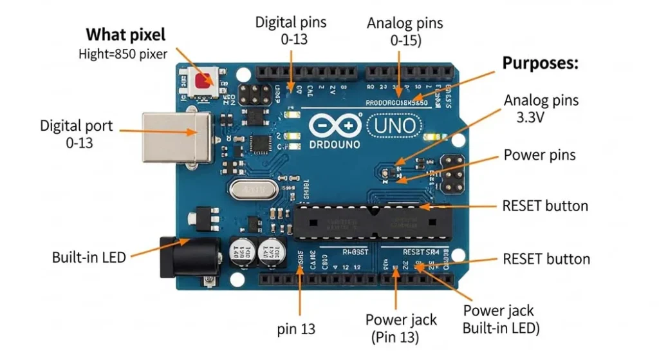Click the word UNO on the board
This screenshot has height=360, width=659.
click(x=394, y=124)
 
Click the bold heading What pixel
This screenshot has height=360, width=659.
click(x=125, y=34)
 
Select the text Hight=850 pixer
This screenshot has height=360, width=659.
click(x=122, y=54)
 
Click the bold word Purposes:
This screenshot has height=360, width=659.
click(x=540, y=63)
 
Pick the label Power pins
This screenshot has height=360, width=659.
click(x=539, y=155)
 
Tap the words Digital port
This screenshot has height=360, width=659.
click(x=76, y=125)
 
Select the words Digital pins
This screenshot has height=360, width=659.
click(x=291, y=22)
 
